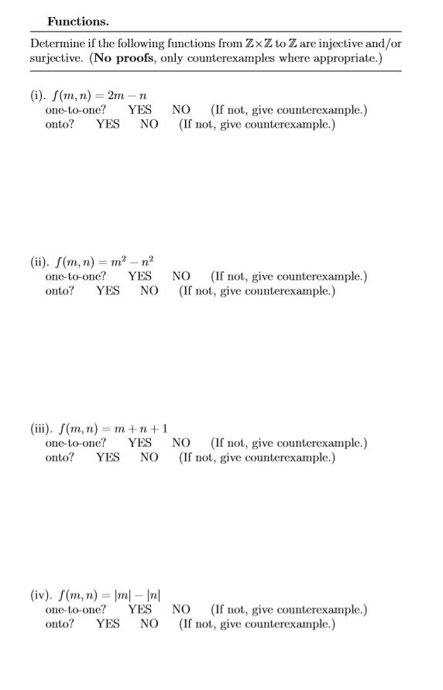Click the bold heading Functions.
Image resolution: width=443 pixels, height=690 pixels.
[77, 21]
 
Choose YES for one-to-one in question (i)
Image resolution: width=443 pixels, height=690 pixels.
[139, 110]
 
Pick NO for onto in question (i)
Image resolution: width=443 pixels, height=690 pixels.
[149, 123]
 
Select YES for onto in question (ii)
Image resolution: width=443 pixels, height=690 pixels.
[108, 290]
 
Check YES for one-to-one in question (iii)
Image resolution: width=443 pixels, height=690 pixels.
[139, 443]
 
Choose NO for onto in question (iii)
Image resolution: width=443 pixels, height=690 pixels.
[149, 457]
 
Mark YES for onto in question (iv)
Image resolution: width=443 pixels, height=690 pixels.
[108, 623]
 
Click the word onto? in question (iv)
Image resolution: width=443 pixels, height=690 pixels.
[60, 623]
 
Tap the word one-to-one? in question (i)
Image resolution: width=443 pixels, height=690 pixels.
[76, 110]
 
